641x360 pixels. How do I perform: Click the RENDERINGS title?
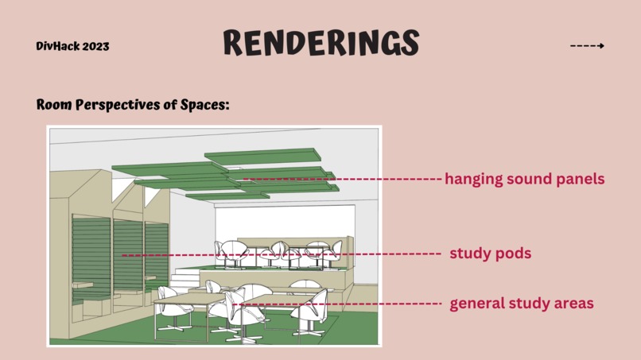[x=321, y=42]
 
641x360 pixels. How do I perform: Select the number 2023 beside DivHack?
[x=95, y=46]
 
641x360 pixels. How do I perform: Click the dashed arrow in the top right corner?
[x=587, y=46]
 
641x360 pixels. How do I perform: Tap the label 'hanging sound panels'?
[x=525, y=179]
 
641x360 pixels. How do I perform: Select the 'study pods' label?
[x=491, y=254]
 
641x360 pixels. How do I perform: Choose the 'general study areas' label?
[x=522, y=304]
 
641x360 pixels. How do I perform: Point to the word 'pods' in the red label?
[x=514, y=254]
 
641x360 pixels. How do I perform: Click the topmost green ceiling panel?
[x=263, y=156]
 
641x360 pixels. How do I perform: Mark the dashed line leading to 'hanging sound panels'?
[x=343, y=179]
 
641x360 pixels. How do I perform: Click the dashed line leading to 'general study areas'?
[x=337, y=304]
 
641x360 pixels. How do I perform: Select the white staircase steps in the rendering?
[x=185, y=278]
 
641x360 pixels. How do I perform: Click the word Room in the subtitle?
[x=54, y=104]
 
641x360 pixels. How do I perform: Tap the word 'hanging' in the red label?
[x=474, y=179]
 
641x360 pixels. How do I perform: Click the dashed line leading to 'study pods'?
[x=282, y=255]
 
